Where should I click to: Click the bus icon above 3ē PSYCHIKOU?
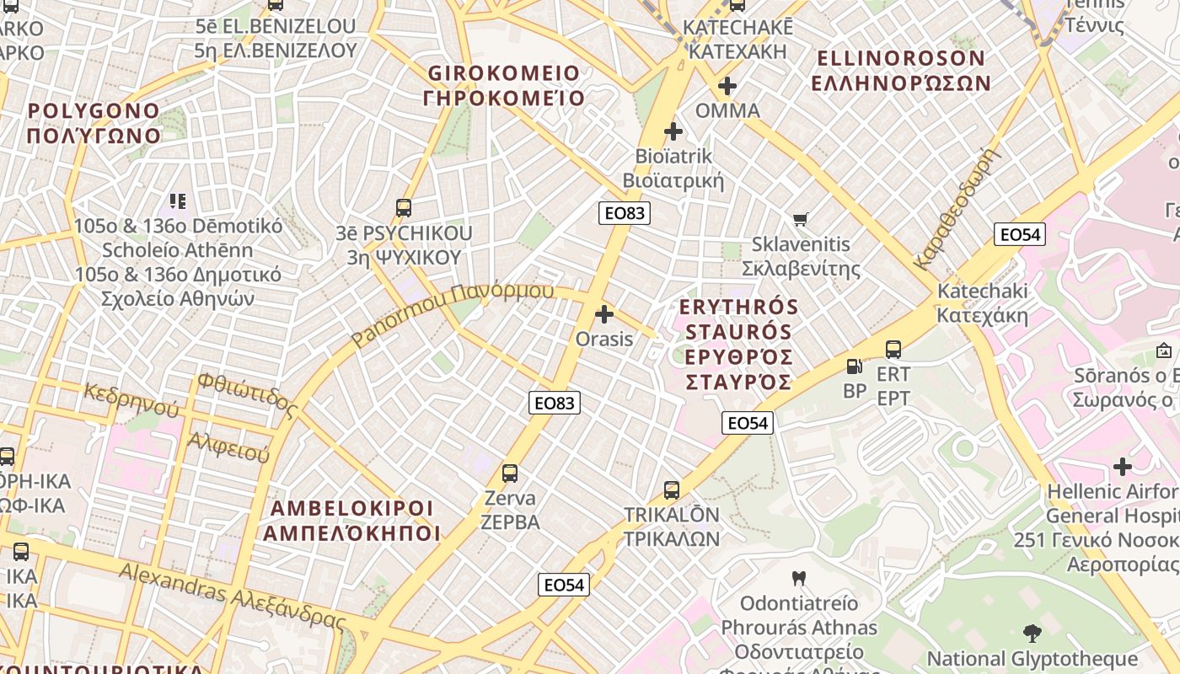point(404,207)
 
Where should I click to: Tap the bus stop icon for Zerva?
point(509,473)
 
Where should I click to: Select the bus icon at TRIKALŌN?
point(671,489)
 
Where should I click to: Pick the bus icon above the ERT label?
point(893,349)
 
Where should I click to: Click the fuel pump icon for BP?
point(854,366)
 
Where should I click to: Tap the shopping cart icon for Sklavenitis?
point(801,219)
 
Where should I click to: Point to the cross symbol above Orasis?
point(604,314)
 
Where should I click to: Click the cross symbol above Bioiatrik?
point(673,131)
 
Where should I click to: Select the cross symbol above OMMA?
point(727,85)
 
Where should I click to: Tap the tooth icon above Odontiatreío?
point(799,578)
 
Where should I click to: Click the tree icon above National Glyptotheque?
point(1032,633)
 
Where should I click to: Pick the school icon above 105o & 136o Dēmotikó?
point(178,201)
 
